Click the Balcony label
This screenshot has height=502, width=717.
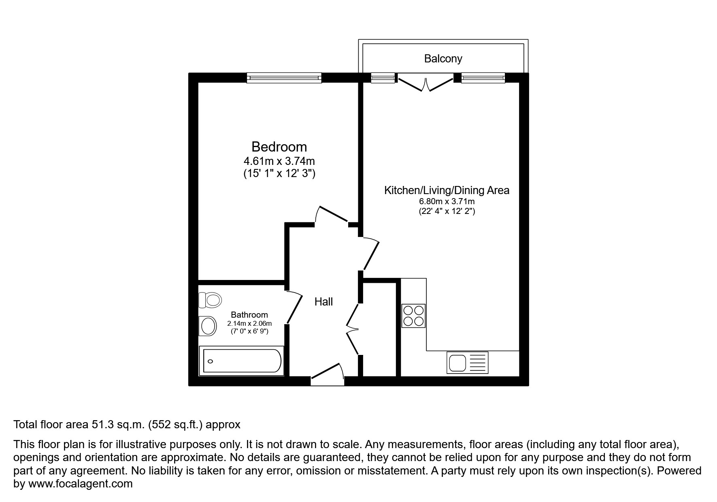(443, 59)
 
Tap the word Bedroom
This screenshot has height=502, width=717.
(279, 146)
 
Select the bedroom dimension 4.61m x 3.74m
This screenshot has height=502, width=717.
(279, 161)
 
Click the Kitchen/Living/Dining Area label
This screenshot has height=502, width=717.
(447, 190)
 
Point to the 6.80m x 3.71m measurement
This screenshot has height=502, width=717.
(447, 201)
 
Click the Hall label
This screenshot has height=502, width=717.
(323, 301)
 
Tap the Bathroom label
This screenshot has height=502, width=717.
(249, 315)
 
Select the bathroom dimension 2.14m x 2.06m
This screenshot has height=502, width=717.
(249, 323)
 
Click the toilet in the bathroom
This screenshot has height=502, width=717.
(211, 300)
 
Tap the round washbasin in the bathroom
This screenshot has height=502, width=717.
(208, 326)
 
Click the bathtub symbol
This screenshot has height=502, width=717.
(242, 361)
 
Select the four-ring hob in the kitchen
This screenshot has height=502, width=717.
(413, 316)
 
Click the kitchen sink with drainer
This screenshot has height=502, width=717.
(467, 362)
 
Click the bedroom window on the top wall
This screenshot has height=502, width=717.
(284, 78)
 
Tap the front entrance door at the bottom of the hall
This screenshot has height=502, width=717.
(327, 374)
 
